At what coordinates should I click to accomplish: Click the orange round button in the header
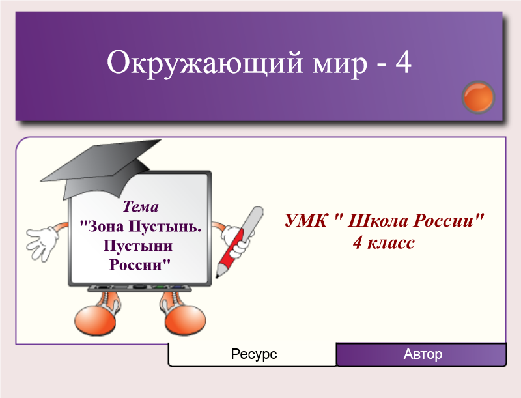coord(478,97)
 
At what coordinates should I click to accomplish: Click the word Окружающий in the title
coord(204,63)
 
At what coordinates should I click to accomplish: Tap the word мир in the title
coord(340,64)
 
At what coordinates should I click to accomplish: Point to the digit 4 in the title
coord(403,63)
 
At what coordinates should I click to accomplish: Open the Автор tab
coord(421,354)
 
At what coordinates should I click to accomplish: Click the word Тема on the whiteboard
coord(141,206)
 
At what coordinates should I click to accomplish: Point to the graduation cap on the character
coord(102,169)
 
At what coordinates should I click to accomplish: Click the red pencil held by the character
coord(239,242)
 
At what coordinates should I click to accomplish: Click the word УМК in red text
coord(305,220)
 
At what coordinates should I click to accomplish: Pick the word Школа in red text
coord(376,220)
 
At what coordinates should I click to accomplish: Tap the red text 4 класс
coord(384,243)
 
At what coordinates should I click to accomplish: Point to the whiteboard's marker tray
coord(139,289)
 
